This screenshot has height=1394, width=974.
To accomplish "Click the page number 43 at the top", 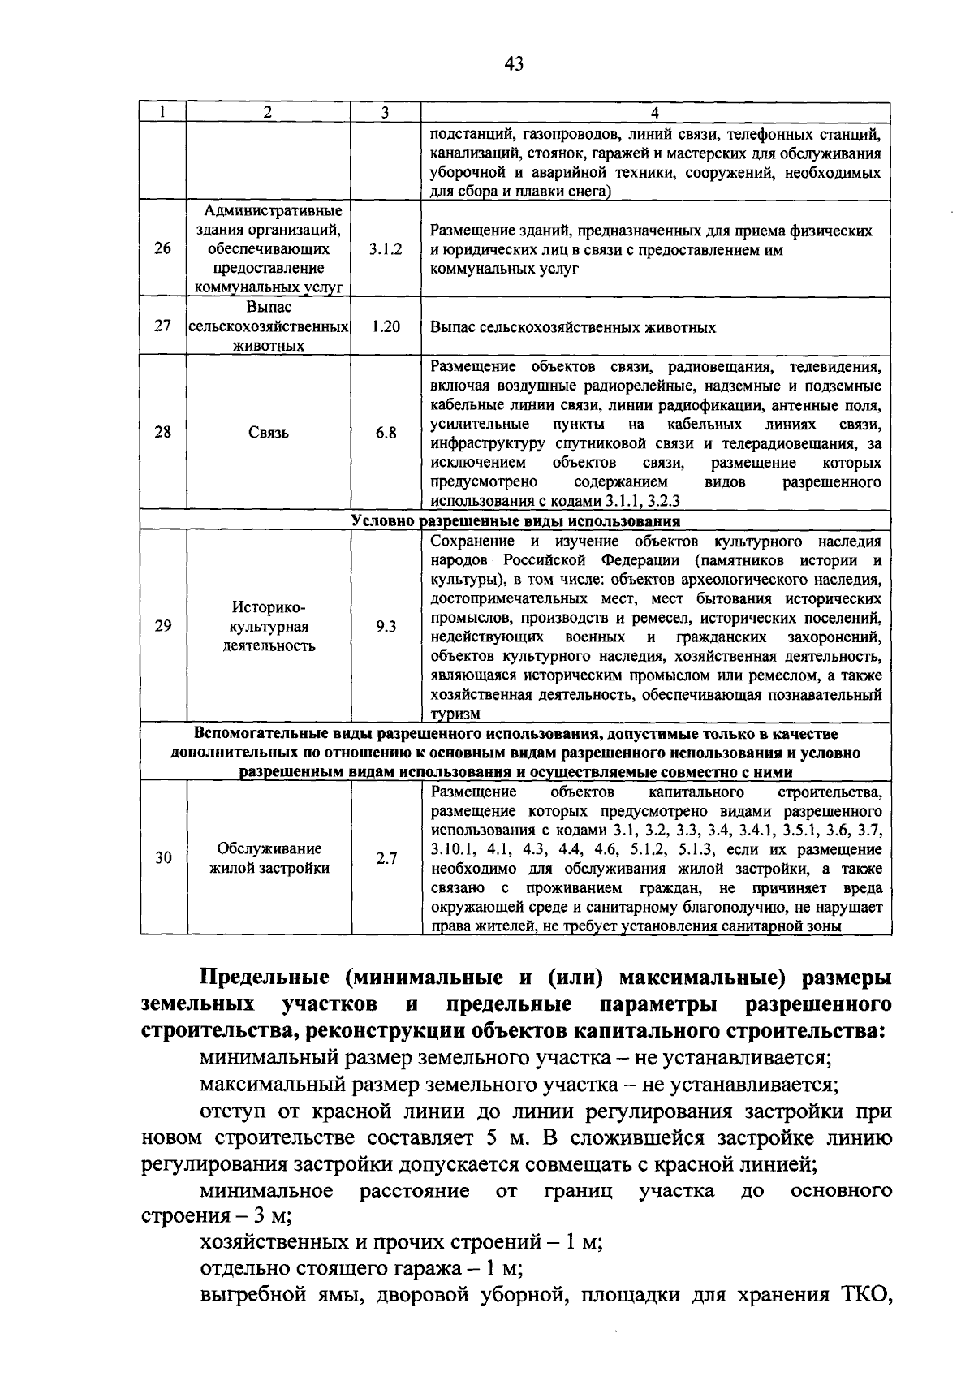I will point(513,64).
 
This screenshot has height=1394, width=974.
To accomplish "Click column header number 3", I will point(385,113).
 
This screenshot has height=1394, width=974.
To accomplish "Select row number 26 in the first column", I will point(162,249).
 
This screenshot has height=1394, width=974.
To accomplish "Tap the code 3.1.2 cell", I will point(385,249).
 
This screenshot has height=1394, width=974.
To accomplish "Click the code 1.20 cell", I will point(385,327).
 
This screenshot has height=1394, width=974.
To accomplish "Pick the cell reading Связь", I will point(269,433).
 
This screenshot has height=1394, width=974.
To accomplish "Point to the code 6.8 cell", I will point(385,433).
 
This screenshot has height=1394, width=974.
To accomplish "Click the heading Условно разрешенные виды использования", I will point(515,521).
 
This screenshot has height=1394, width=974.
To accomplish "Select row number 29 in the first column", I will point(162,626).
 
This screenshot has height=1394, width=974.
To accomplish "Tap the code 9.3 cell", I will point(385,626).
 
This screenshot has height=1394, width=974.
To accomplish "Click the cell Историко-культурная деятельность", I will point(269,627).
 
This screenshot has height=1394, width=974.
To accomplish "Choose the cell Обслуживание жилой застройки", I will point(269,858).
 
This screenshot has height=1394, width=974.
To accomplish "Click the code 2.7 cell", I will point(385,858).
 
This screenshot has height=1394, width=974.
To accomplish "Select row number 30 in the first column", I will point(162,858).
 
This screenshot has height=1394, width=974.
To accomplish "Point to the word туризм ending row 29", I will point(455,714).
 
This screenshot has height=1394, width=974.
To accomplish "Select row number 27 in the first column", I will point(162,327).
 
